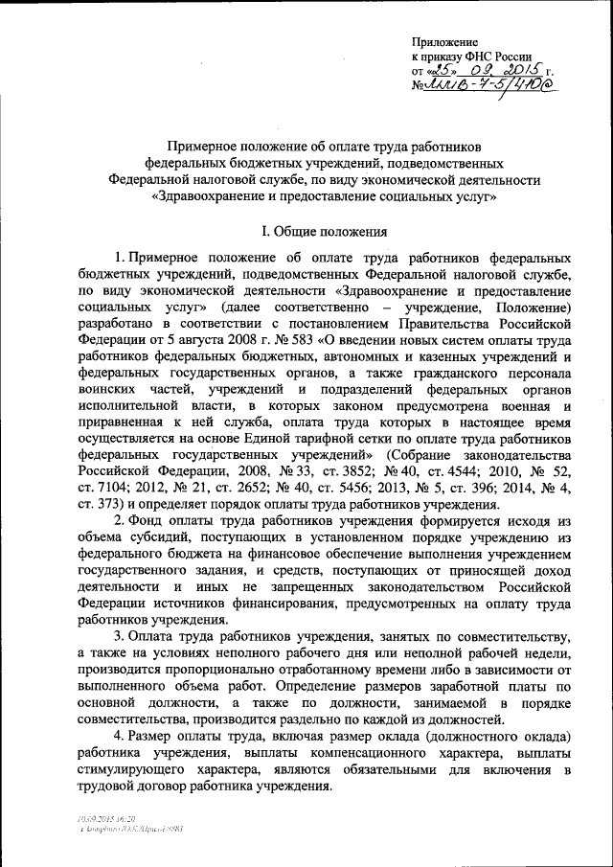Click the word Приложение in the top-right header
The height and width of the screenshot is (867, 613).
coord(443,43)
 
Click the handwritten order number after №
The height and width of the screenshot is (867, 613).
coord(494,88)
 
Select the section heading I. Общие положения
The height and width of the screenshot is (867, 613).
coord(325,231)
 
